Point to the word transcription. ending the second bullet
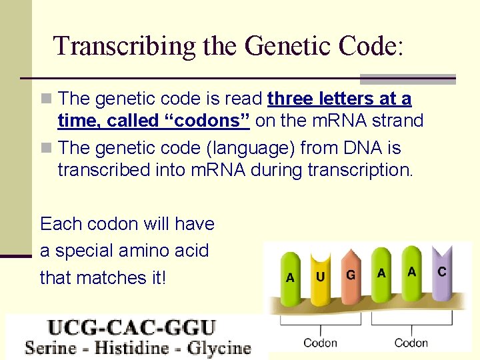(361, 170)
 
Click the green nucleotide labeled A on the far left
(290, 277)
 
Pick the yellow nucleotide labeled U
(321, 275)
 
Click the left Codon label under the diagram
(320, 343)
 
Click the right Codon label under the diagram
(411, 343)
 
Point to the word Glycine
(217, 347)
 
